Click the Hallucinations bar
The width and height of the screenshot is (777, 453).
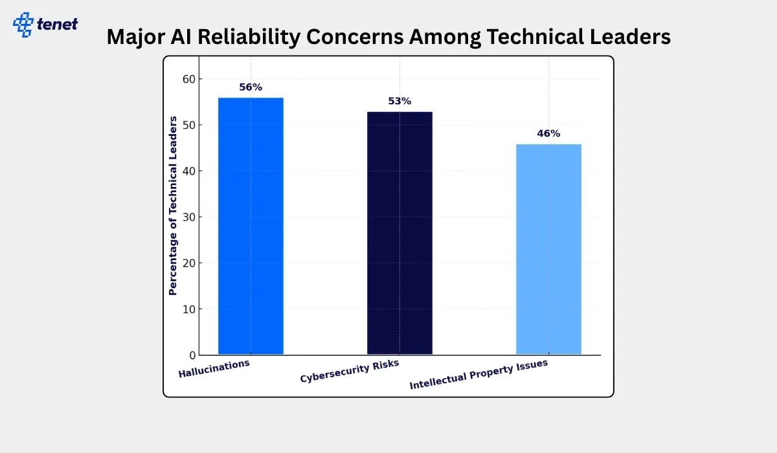click(251, 226)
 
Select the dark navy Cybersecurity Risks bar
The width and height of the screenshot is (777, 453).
click(400, 233)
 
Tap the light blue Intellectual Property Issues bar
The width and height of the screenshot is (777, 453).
click(548, 249)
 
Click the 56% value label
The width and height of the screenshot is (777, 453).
click(251, 87)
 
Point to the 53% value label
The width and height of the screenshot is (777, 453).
click(400, 102)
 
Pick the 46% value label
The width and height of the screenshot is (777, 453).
click(548, 134)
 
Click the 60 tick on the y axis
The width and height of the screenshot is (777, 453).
click(188, 79)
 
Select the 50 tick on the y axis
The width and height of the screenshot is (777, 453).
click(188, 125)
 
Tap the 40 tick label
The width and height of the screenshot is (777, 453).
click(188, 171)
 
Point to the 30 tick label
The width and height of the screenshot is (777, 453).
click(188, 217)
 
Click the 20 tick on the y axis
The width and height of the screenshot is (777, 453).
click(188, 263)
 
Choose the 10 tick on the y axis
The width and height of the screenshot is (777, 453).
click(188, 309)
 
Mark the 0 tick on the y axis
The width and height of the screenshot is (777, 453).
click(191, 355)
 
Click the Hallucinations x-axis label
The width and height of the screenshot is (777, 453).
click(214, 369)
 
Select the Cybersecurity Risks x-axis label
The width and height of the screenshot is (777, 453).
click(350, 371)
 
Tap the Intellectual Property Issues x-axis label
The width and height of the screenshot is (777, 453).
click(479, 374)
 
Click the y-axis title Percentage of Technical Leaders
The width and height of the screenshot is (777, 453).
click(173, 205)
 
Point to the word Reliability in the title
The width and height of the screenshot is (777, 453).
click(239, 37)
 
